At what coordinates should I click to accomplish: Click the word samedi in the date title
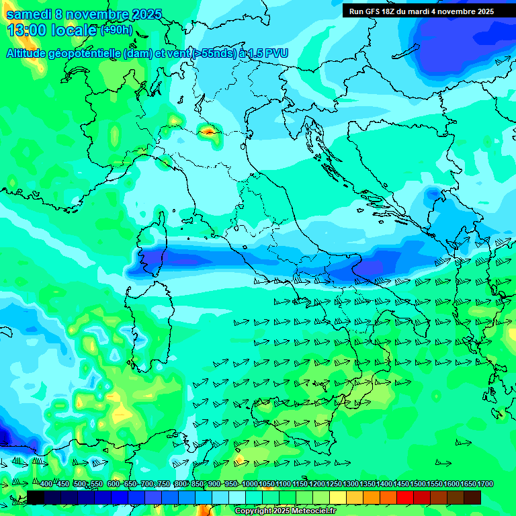29,14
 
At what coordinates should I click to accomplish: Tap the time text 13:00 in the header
26,30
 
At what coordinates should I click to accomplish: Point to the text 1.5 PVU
265,53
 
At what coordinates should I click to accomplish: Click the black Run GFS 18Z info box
421,11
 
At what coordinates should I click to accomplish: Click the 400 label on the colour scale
46,484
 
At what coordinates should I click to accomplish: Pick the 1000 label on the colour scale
249,484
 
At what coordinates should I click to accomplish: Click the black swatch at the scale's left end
36,497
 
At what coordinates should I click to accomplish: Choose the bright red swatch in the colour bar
405,497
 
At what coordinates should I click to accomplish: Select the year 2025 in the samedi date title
146,14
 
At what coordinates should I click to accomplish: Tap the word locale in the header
75,30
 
